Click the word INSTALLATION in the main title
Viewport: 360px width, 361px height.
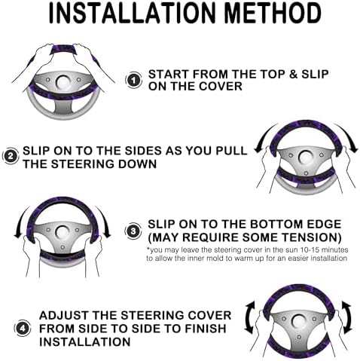pos(133,13)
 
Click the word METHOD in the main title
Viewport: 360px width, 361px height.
pos(273,13)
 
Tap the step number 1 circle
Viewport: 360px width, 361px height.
pos(133,81)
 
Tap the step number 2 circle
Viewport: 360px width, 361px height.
pos(11,157)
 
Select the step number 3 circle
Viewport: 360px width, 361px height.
pos(133,231)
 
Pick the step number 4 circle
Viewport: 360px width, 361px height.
pos(23,328)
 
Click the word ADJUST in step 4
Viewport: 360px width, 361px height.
pos(64,315)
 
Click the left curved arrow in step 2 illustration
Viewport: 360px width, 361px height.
pos(264,137)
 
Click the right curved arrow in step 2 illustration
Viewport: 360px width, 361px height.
pos(349,137)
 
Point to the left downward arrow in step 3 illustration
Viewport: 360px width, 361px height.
pos(21,221)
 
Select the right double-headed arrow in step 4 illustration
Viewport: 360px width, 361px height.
pos(348,318)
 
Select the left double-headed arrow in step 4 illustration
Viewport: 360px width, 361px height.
pos(249,318)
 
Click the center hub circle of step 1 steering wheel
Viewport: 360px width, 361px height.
pos(63,81)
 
